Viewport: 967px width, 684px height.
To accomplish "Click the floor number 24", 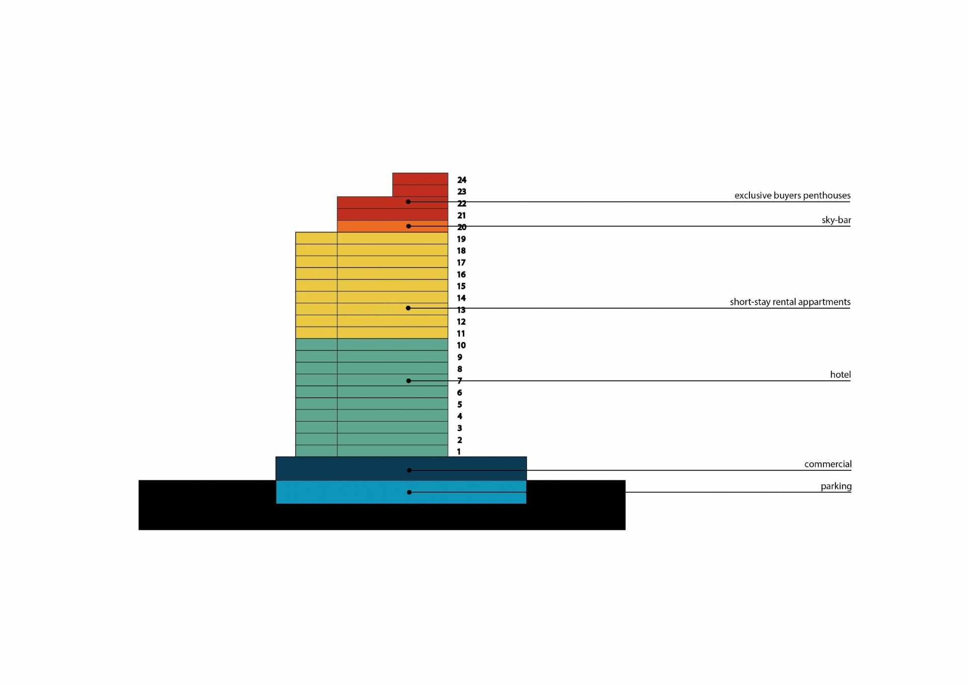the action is (462, 180).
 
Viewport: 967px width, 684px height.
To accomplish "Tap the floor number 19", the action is (461, 239).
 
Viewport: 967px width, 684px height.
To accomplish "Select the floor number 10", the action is (461, 346).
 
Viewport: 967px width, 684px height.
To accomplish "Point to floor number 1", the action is (459, 452).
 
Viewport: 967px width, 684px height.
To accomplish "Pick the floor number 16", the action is (461, 275).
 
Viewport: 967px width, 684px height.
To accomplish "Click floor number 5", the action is (459, 404).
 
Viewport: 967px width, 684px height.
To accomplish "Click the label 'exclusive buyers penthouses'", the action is (792, 195).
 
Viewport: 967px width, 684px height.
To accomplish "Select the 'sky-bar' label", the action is (836, 220).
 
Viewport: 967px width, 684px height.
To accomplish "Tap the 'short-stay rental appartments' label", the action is (790, 302).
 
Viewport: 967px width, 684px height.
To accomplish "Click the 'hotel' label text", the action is (841, 374).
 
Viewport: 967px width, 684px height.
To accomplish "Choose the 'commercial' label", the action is (828, 464).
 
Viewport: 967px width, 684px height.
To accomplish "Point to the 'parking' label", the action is (836, 486).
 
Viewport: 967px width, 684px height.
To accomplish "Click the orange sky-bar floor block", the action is (392, 226).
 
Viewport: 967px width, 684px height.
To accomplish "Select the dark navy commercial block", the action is (401, 468).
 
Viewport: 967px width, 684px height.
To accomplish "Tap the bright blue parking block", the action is (401, 492).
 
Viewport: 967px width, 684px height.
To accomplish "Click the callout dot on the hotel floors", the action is (408, 381).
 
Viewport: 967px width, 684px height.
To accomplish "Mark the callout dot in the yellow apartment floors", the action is (408, 308).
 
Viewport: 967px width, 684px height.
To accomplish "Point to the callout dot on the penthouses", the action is (408, 202).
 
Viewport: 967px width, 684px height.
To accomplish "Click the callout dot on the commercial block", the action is (409, 470).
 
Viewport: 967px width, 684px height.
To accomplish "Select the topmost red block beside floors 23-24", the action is (420, 185).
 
